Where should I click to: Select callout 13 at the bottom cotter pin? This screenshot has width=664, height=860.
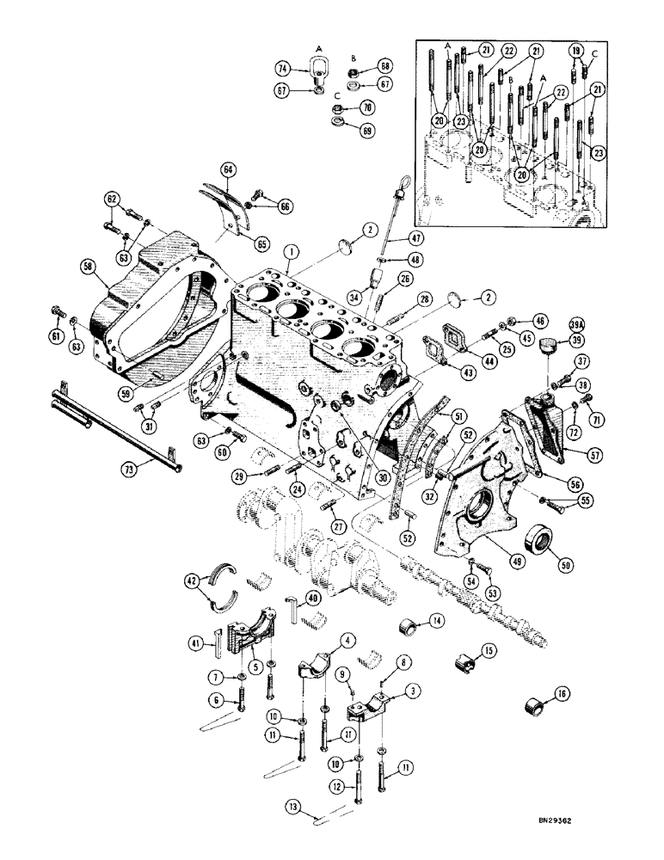(294, 806)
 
